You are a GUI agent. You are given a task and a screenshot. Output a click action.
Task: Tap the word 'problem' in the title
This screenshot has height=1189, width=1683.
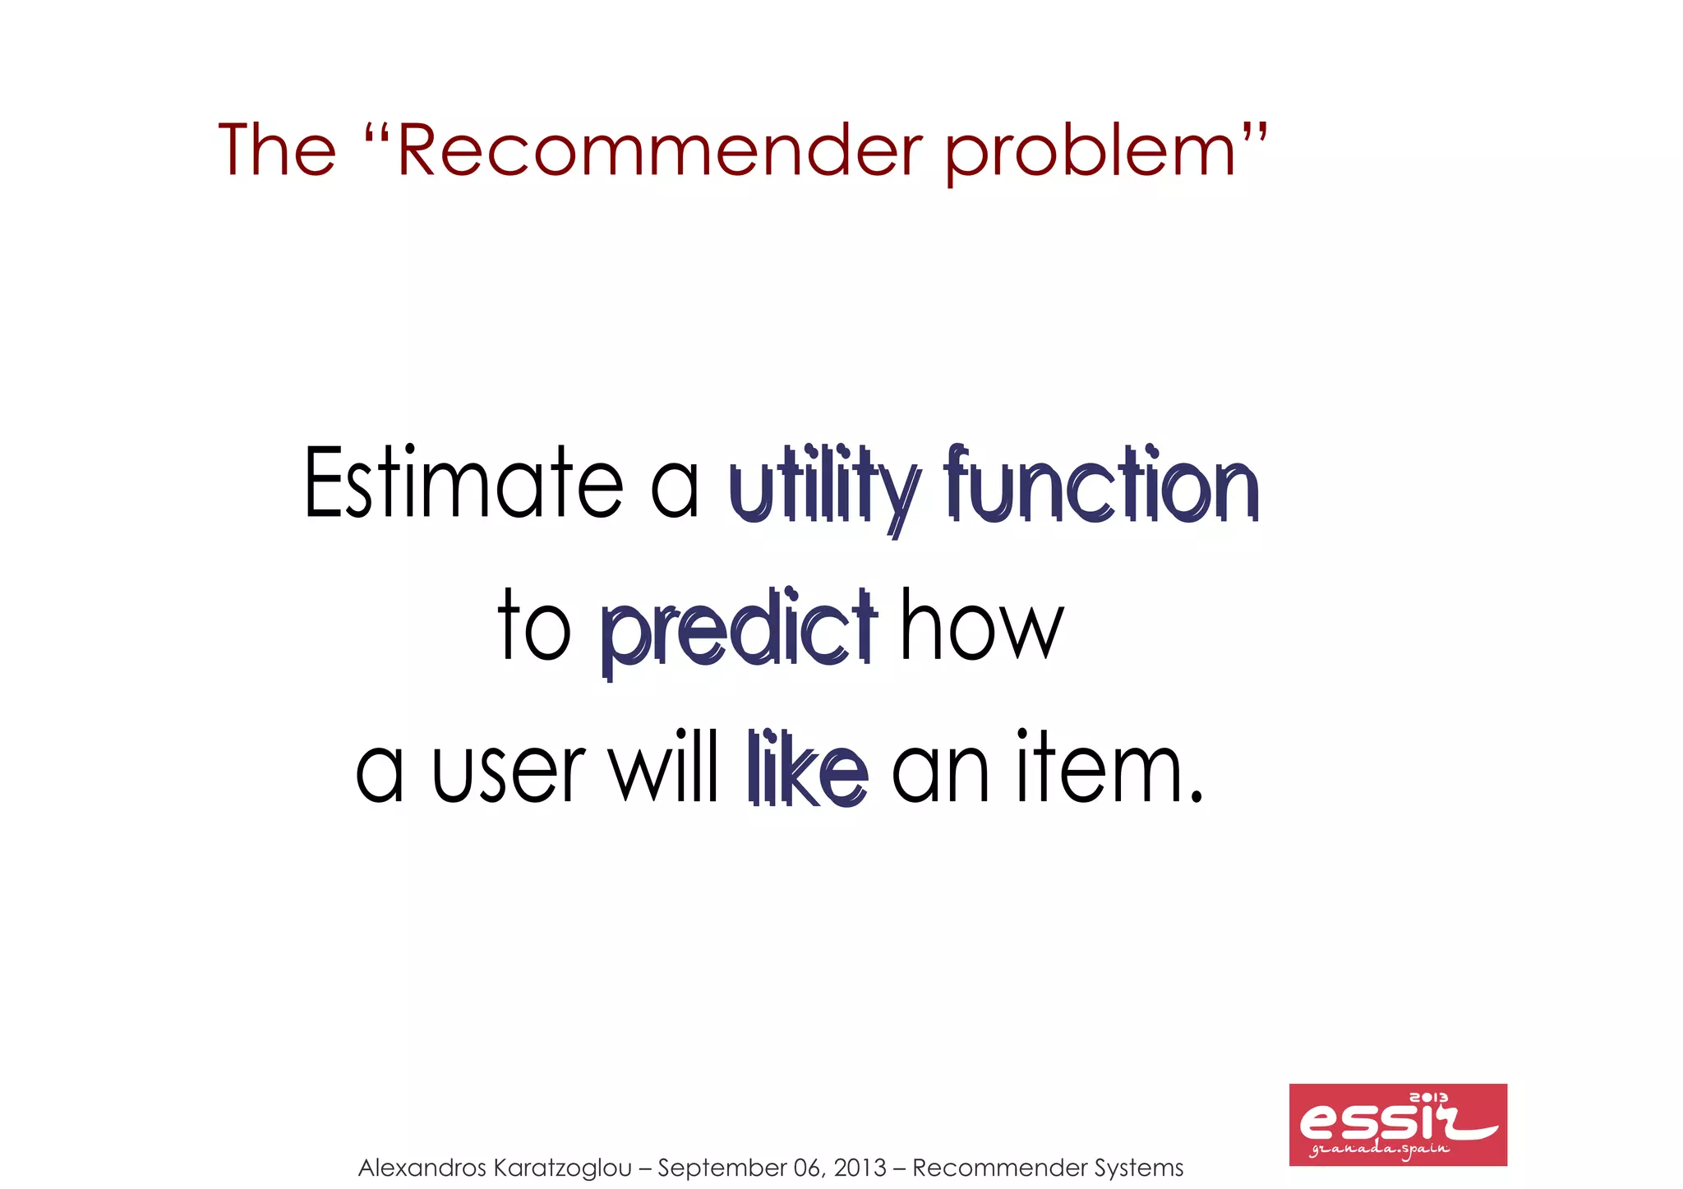(1091, 152)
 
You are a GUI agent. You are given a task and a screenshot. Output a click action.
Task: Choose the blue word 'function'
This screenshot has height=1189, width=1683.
(1101, 485)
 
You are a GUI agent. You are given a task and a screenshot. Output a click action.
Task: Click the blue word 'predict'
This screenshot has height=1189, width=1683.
(739, 629)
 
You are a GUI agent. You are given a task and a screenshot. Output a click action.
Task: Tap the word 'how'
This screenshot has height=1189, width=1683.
(982, 626)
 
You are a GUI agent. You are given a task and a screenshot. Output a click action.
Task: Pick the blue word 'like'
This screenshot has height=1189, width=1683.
(808, 769)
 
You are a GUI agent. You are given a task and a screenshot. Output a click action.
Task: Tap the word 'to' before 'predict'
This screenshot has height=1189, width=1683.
(534, 626)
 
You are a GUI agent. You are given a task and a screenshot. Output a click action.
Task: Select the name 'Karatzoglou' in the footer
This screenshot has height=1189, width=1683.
(564, 1168)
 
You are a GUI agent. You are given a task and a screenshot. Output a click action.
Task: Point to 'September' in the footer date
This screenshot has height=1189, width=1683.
(722, 1168)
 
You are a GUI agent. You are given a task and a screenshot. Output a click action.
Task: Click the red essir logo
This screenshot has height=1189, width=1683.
(1397, 1123)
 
